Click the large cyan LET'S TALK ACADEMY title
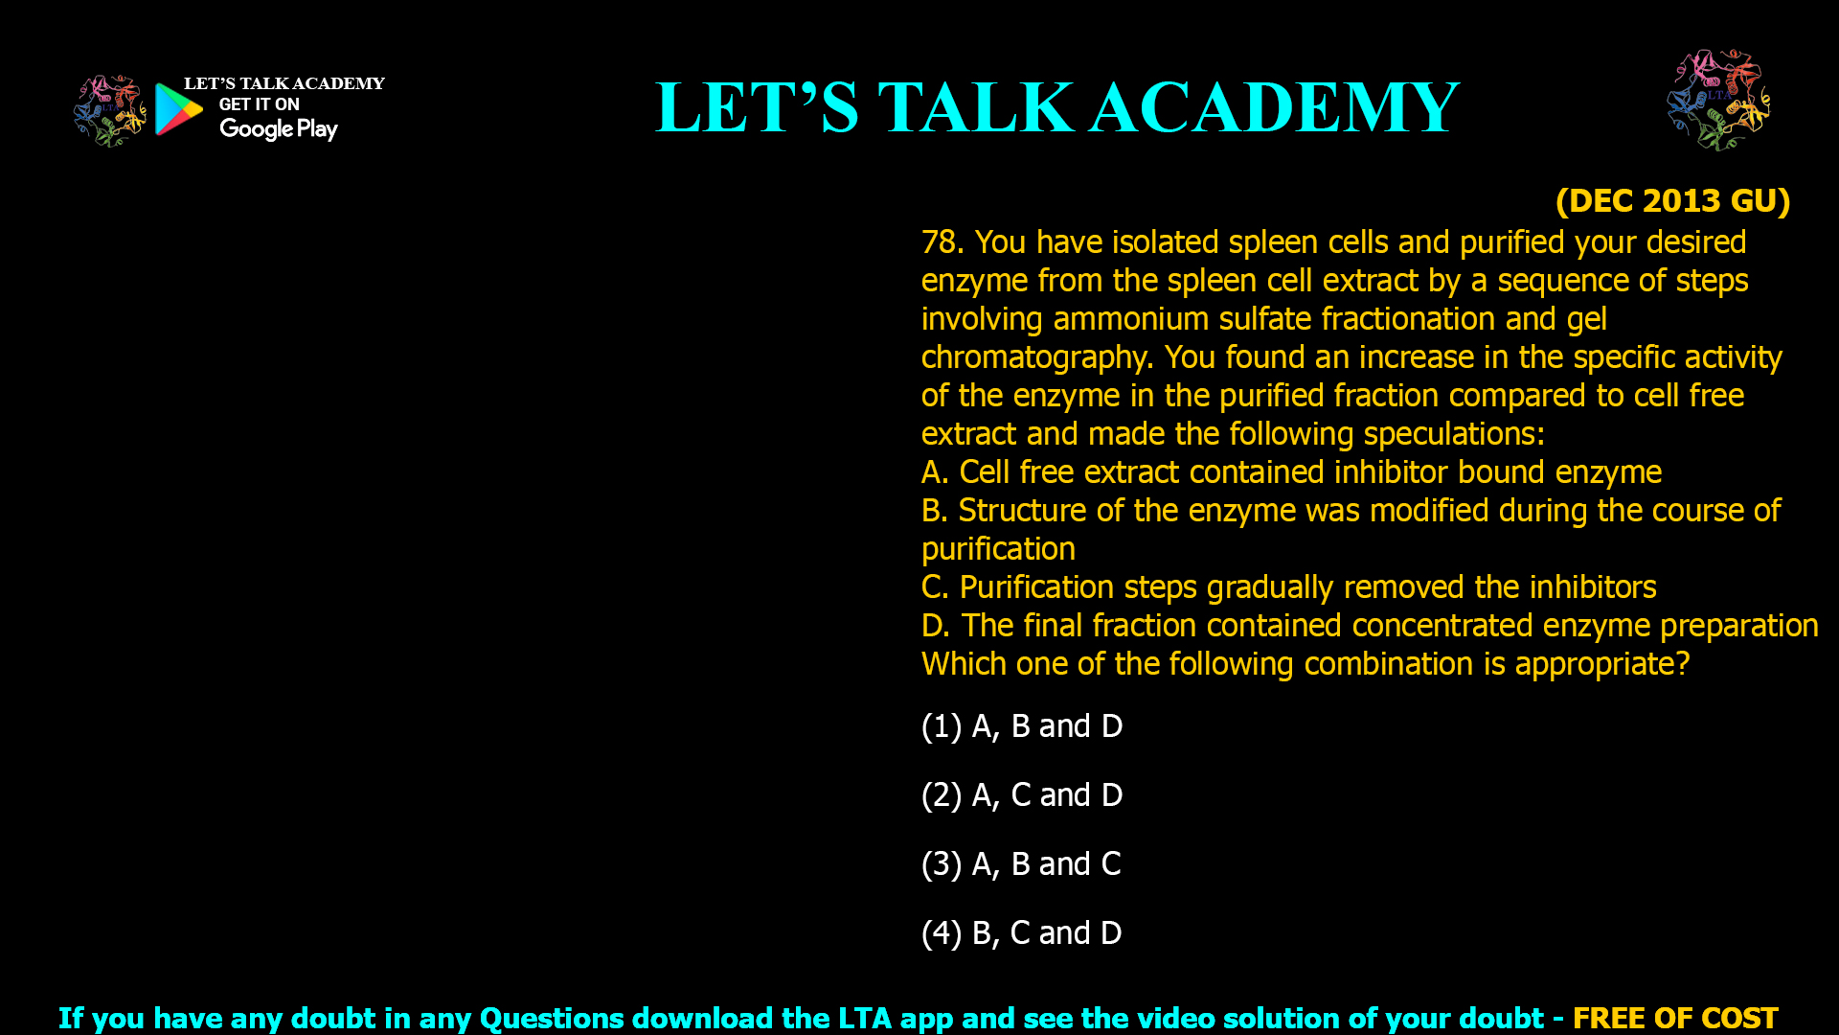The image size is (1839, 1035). coord(1057,106)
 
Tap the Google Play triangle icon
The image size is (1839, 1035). coord(178,109)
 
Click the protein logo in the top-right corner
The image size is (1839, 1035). coord(1718,100)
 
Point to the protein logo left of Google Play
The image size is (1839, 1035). coord(110,111)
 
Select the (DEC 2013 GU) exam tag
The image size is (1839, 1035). coord(1672,201)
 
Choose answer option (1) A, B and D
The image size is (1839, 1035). coord(1022,726)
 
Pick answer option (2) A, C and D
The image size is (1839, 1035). coord(1022,795)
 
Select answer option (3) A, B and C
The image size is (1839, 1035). coord(1021,864)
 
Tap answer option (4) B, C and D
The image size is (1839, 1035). coord(1021,933)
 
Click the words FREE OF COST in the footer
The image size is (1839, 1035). coord(1675,1018)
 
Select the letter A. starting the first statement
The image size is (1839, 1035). coord(935,472)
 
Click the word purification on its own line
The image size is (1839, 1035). coord(998,549)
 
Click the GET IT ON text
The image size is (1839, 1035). coord(259,104)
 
